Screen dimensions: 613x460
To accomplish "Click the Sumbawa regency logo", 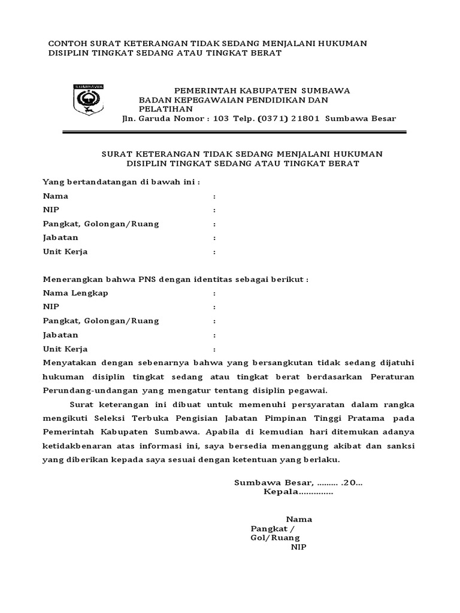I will pos(88,100).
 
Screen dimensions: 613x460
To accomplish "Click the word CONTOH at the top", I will pos(66,44).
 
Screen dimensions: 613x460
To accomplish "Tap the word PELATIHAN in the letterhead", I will pos(166,109).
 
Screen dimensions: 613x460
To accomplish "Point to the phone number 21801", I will pos(307,118).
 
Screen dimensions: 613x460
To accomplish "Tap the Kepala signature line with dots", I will pos(298,492).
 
